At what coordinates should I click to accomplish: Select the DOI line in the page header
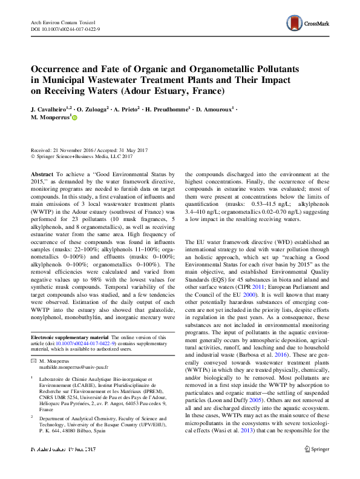(x=65, y=29)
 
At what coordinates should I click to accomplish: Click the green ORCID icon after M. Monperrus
(x=76, y=119)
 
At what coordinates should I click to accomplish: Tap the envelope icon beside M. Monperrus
(x=33, y=360)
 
